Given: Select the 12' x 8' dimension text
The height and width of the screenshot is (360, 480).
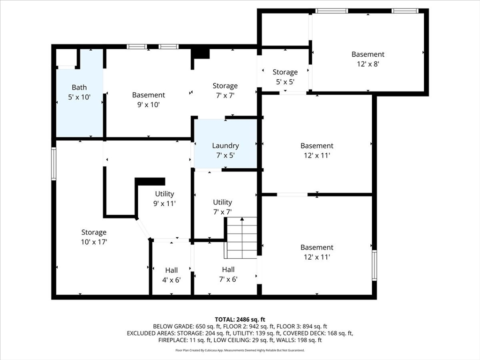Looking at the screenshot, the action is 368,64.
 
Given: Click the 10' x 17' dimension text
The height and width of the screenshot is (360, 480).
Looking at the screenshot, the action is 94,242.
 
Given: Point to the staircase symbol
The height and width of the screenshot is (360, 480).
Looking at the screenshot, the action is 241,238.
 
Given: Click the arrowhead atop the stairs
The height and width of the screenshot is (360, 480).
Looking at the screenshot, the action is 242,219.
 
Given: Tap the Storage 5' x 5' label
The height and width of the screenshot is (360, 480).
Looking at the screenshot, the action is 285,77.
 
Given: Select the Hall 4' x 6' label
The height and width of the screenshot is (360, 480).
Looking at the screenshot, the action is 172,275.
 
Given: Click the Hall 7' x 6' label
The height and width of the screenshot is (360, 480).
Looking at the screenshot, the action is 228,274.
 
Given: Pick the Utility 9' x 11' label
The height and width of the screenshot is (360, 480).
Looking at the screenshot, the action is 165,198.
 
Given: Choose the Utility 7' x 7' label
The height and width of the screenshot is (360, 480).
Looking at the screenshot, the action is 223,207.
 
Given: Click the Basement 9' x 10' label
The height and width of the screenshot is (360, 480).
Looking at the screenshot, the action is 149,100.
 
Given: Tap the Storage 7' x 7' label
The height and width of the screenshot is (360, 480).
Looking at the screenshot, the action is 225,90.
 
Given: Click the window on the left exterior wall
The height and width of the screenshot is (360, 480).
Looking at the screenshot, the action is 54,164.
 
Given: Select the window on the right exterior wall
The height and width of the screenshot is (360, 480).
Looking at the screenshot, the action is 375,265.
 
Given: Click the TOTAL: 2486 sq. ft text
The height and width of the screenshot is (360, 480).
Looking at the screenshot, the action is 240,320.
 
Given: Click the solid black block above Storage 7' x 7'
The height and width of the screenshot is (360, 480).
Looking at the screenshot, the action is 200,53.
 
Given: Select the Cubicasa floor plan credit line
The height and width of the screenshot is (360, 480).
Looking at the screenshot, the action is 240,350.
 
